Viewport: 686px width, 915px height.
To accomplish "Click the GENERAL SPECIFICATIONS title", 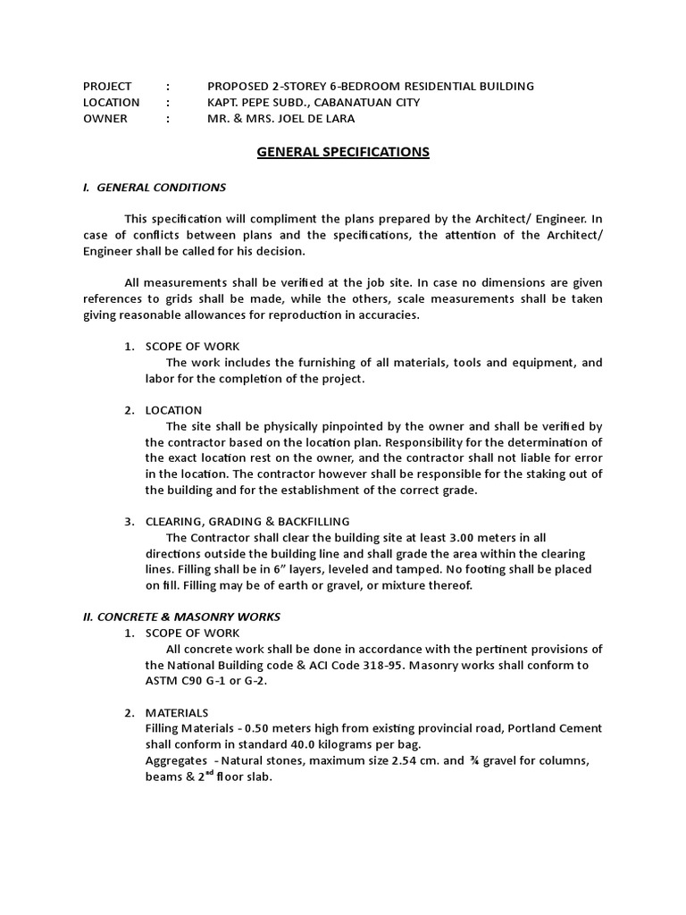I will point(343,152).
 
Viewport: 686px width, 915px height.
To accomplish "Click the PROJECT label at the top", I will point(107,86).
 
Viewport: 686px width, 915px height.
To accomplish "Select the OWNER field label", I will point(105,118).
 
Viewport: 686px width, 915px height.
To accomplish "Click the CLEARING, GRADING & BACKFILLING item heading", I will point(247,521).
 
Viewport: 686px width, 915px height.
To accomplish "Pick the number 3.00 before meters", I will point(456,537).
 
